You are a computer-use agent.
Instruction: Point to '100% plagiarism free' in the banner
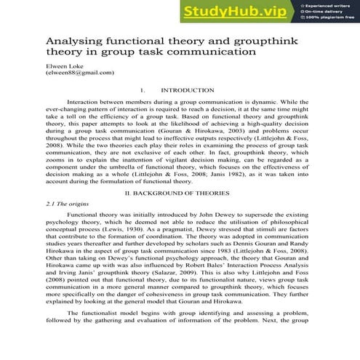click(x=327, y=19)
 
